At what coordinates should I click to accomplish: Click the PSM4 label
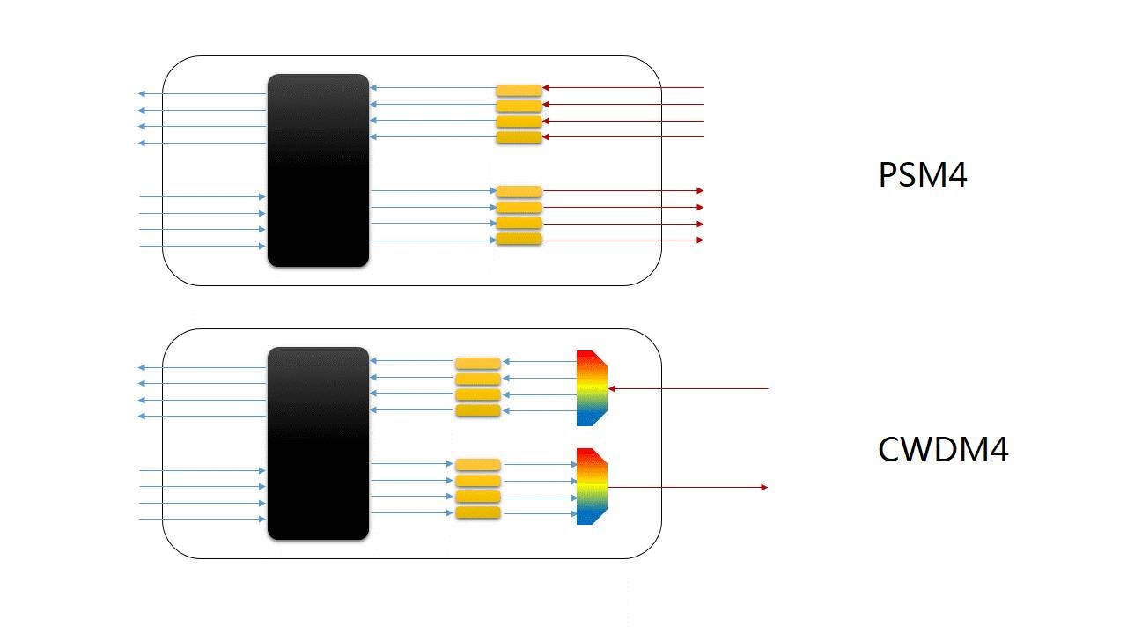coord(922,174)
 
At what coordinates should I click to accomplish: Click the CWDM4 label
coord(942,449)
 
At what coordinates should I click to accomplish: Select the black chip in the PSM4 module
coord(318,170)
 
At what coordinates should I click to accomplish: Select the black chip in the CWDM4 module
coord(318,443)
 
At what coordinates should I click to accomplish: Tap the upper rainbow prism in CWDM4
coord(591,388)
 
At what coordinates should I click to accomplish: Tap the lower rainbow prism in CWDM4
coord(591,487)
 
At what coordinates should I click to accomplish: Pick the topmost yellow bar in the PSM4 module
coord(519,89)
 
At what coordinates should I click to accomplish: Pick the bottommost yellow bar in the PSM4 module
coord(519,240)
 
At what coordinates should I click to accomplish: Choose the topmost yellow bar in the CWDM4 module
coord(477,363)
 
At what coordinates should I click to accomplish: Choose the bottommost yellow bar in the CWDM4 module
coord(477,512)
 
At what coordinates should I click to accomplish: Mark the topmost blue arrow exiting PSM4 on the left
coord(203,93)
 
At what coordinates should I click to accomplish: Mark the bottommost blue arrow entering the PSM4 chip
coord(203,246)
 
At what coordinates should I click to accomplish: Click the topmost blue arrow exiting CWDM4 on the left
coord(203,367)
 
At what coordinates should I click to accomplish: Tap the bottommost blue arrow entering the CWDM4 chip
coord(203,519)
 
